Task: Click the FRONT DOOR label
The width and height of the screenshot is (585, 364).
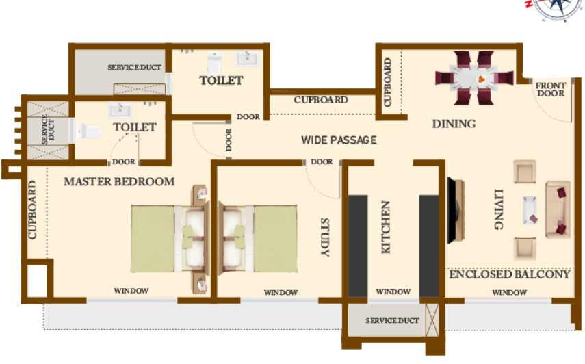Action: pyautogui.click(x=551, y=90)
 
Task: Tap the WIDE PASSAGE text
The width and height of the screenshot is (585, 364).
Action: pyautogui.click(x=339, y=140)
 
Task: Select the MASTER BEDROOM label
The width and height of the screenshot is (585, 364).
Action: pyautogui.click(x=119, y=181)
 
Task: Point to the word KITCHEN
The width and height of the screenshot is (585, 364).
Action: pyautogui.click(x=385, y=227)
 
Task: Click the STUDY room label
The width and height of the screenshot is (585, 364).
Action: pyautogui.click(x=325, y=237)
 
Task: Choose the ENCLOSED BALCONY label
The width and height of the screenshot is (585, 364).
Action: pyautogui.click(x=510, y=274)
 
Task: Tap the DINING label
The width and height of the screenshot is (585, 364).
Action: pyautogui.click(x=454, y=124)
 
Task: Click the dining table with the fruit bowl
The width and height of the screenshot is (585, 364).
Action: pyautogui.click(x=474, y=78)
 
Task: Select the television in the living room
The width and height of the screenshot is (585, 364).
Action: pyautogui.click(x=456, y=210)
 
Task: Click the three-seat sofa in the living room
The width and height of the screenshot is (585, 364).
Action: pyautogui.click(x=558, y=209)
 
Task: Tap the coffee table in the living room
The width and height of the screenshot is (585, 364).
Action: pyautogui.click(x=530, y=210)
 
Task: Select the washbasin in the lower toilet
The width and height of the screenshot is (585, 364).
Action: pyautogui.click(x=120, y=110)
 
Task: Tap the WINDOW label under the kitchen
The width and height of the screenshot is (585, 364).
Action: pyautogui.click(x=393, y=291)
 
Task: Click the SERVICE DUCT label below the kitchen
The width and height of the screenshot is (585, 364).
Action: pyautogui.click(x=392, y=321)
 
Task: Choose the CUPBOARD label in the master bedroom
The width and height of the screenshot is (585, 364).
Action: pyautogui.click(x=32, y=210)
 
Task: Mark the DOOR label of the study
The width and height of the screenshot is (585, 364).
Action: pyautogui.click(x=322, y=162)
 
